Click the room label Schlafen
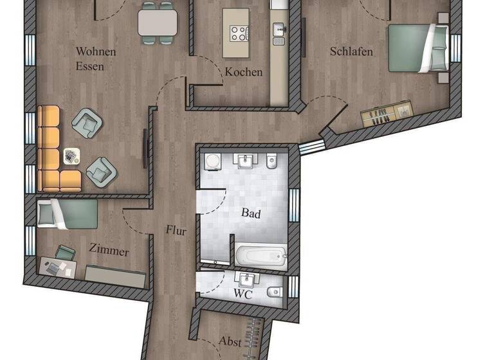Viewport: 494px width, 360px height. [x=351, y=51]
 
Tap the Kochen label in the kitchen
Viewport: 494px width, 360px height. [x=243, y=72]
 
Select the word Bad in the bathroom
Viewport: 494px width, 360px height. [x=251, y=213]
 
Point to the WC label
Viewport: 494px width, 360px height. [x=243, y=294]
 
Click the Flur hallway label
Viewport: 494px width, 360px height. [x=176, y=230]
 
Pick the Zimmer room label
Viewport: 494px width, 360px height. [x=109, y=251]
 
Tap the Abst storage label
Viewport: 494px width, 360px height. [x=230, y=342]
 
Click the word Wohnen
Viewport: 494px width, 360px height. [x=96, y=51]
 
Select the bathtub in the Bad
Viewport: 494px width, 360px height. [x=261, y=255]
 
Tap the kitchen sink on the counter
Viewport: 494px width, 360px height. [x=279, y=30]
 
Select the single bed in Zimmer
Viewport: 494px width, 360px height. [x=67, y=213]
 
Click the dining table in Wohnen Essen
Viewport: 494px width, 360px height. [x=158, y=23]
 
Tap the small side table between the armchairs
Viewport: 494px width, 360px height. [x=71, y=156]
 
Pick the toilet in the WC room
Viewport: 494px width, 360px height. [x=274, y=291]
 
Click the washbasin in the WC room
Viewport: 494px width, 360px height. [x=246, y=280]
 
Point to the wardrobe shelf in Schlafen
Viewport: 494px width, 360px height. [x=386, y=114]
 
